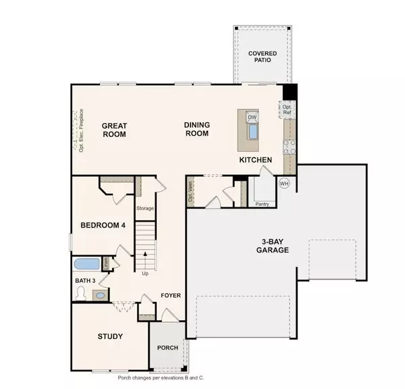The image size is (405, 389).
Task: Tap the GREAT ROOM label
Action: (114, 129)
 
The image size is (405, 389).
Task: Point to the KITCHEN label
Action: (255, 159)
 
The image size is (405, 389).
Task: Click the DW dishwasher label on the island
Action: (252, 117)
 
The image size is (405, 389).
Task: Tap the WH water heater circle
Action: (284, 183)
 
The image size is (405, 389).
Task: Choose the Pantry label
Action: (262, 202)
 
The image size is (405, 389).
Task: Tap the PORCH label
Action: (167, 348)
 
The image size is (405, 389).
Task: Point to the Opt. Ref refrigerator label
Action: (287, 109)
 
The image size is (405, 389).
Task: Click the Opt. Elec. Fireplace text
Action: (81, 130)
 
